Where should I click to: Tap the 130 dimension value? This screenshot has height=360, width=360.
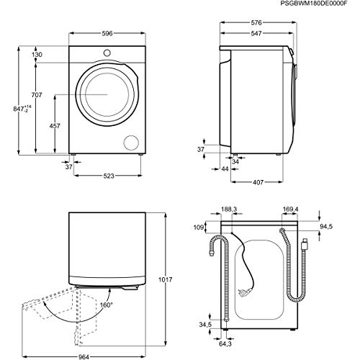point(37,54)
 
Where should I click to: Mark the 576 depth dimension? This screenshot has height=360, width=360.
point(255,24)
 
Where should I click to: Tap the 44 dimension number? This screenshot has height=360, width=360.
point(225,168)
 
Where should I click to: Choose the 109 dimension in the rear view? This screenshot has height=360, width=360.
point(199,228)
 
